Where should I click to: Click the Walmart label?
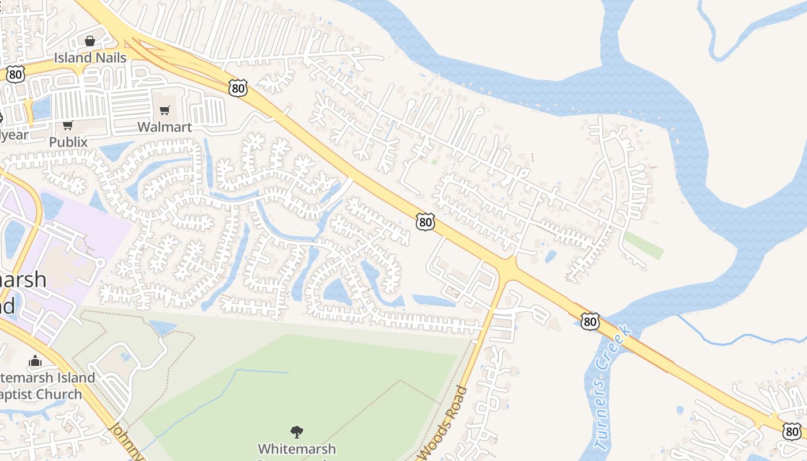164,127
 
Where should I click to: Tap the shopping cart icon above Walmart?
165,110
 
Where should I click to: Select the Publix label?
68,142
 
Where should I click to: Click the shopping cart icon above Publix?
67,125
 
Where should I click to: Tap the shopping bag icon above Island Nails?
89,41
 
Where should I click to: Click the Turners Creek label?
613,388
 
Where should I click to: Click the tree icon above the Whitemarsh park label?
297,432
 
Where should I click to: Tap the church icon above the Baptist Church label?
35,361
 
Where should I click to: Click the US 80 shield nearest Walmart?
237,88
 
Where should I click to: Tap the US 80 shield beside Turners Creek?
590,322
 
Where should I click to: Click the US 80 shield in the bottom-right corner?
792,430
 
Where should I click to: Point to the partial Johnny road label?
125,441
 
